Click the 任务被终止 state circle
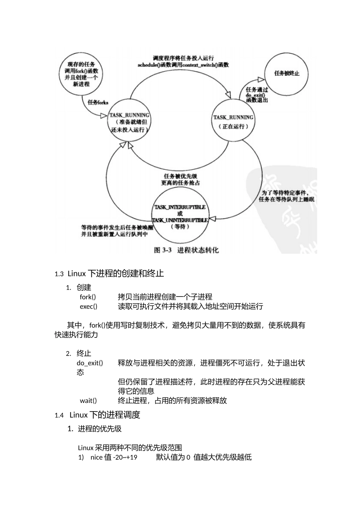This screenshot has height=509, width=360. click(286, 73)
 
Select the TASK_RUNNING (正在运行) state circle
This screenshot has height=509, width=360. click(233, 122)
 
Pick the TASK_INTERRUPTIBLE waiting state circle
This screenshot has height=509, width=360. click(180, 216)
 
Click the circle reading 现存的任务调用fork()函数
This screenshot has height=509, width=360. click(81, 74)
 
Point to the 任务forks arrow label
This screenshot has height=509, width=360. click(98, 102)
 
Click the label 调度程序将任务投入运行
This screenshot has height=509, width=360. click(183, 58)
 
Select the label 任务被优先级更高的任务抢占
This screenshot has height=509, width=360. click(180, 180)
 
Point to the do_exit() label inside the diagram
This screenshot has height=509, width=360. click(255, 95)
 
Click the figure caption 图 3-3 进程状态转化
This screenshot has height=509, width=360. click(186, 250)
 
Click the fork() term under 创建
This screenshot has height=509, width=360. click(88, 297)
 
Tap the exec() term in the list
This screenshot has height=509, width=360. click(89, 306)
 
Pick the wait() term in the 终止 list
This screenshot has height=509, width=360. click(88, 401)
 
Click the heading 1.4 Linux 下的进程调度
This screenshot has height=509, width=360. click(97, 415)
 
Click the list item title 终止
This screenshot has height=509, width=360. click(84, 353)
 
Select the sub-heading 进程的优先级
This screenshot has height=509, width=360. click(100, 429)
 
